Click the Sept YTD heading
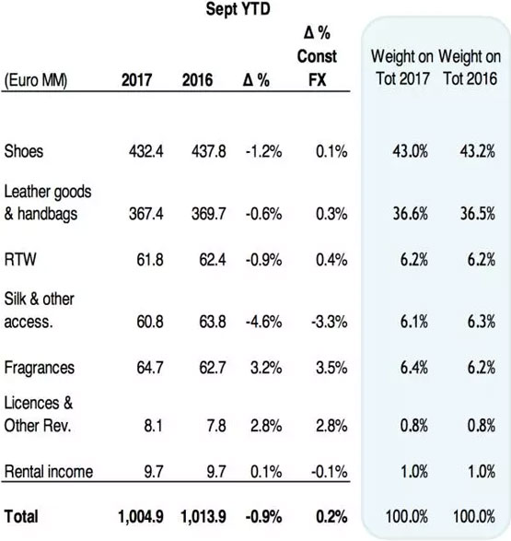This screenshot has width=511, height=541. coord(238,9)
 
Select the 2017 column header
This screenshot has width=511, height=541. coord(137,80)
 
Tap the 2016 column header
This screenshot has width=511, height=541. coord(197,80)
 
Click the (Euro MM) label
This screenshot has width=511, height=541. coord(36,80)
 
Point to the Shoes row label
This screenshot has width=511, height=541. coord(24,151)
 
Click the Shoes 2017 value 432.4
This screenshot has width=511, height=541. coord(146,151)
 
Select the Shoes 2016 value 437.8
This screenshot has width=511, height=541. coord(209,151)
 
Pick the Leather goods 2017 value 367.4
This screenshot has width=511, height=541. coord(146,214)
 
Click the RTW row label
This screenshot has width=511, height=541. coord(20,260)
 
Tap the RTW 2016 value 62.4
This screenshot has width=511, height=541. coord(213,260)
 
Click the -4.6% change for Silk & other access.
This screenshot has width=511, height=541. coord(263,322)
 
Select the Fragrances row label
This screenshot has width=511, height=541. coord(40,368)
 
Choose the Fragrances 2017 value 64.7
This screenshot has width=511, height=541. coord(150,368)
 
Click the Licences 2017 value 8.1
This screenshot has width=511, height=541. coord(154,426)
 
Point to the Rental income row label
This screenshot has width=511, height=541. coord(49,472)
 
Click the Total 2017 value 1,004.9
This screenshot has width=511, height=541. coord(141,517)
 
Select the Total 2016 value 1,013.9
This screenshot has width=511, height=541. coord(203,517)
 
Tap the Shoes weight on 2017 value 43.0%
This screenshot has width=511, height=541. coord(410,151)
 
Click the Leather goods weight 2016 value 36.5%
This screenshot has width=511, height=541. coord(478,214)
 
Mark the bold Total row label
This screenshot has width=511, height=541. coord(21,517)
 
